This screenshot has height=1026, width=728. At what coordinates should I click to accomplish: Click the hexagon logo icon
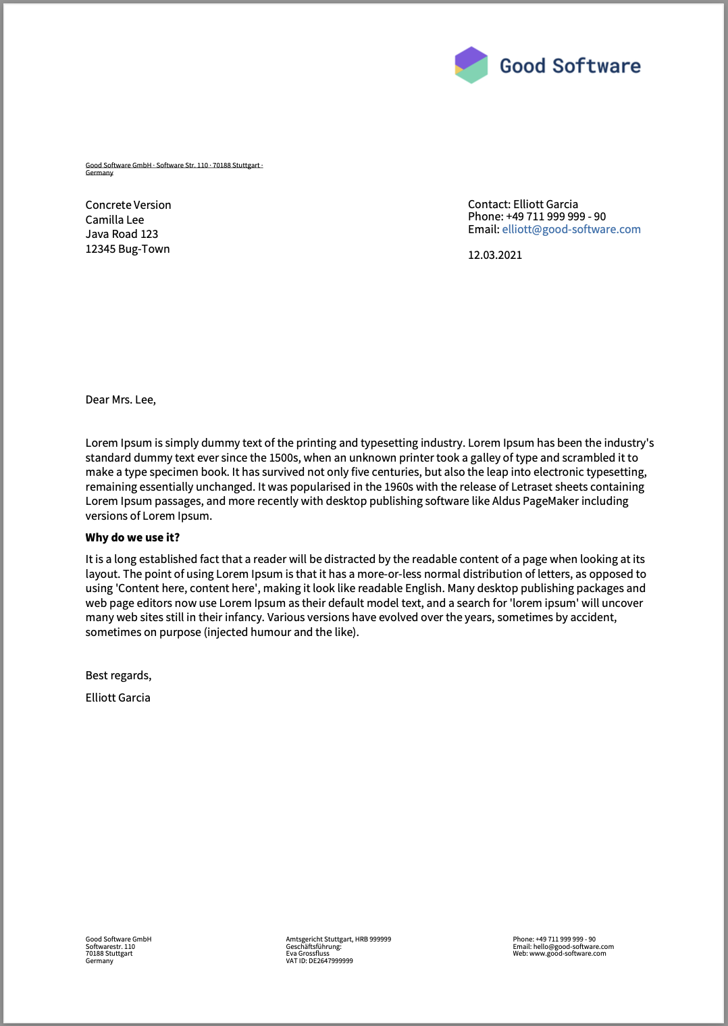coord(471,65)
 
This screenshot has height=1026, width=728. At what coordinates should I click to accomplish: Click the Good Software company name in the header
coord(570,66)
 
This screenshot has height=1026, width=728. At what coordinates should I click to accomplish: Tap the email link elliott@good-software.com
coord(571,229)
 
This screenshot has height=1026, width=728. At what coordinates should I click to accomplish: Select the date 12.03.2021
coord(495,255)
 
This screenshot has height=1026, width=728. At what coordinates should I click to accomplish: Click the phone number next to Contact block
coord(556,216)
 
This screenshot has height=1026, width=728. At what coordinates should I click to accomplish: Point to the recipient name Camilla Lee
coord(115,220)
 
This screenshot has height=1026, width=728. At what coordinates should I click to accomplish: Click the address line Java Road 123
coord(122,234)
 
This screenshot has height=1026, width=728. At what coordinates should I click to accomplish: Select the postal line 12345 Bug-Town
coord(128,249)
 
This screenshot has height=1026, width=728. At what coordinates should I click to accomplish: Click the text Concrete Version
coord(128,205)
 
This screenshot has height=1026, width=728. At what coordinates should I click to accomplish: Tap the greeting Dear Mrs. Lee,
coord(121,399)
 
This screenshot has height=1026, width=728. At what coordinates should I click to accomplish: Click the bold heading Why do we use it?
coord(132,537)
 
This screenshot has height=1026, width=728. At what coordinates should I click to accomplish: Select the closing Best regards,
coord(118,675)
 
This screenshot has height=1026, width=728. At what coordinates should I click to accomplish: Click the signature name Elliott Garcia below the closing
coord(118,698)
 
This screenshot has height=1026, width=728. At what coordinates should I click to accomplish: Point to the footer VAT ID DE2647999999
coord(319,961)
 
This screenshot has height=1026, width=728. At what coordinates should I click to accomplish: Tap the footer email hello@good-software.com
coord(573,947)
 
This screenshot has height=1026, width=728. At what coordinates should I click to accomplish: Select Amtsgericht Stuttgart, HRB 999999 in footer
coord(338,939)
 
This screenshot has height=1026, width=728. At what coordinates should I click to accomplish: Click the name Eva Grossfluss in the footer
coord(308,954)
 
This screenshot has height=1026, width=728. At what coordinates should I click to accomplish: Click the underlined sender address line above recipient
coord(174,166)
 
